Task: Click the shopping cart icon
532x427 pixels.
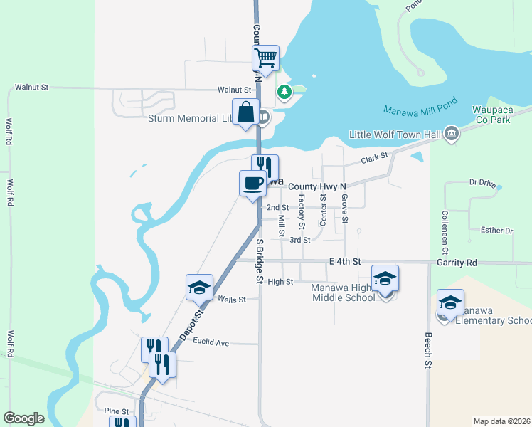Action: (265, 58)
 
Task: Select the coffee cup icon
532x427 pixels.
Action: (253, 184)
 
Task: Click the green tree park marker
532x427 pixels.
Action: (284, 92)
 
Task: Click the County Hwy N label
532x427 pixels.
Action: (316, 186)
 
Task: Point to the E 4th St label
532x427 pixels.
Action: (346, 262)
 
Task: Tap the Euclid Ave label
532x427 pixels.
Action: (213, 343)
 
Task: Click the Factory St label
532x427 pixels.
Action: (302, 211)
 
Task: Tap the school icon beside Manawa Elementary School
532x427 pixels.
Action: (450, 302)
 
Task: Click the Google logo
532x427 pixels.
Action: (24, 418)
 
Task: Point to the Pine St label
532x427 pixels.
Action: (115, 411)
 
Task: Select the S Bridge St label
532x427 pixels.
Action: (260, 263)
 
